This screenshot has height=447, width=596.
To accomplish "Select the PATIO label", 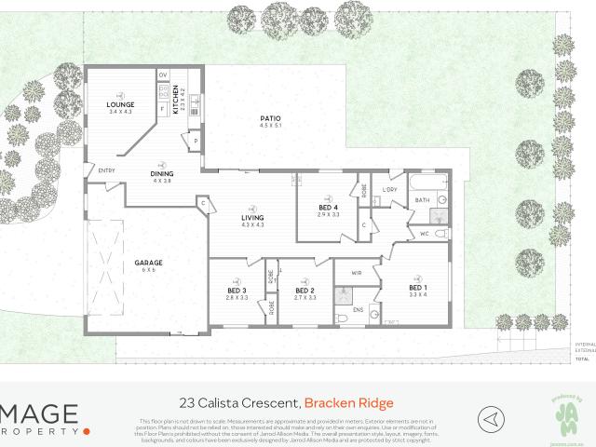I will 270,118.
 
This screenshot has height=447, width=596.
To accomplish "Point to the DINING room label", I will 161,173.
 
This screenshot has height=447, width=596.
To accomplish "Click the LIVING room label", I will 253,218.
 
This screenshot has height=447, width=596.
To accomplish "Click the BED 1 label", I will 417,288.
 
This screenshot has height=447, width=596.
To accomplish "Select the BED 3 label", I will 237,291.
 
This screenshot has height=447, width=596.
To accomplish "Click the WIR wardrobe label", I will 357,273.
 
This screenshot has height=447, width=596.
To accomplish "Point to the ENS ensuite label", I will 359,306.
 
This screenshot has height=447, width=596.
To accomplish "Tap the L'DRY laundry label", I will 390,190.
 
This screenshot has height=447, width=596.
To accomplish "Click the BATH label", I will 422,200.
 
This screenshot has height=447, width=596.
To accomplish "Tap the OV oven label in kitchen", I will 162,74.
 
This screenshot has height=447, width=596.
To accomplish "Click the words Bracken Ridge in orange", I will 349,402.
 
